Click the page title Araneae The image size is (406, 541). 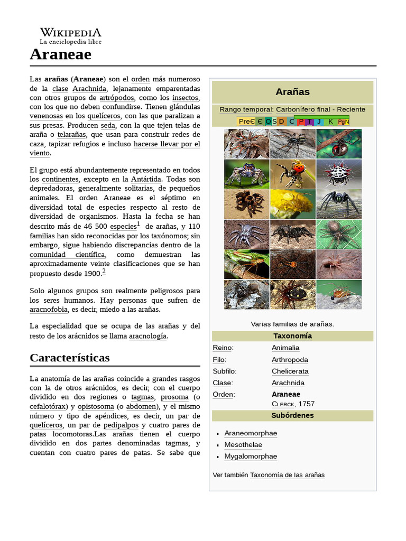60,54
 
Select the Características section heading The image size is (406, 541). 70,358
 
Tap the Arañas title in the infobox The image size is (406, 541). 292,92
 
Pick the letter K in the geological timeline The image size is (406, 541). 331,122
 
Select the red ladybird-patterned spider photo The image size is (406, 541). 292,174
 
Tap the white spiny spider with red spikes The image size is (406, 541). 339,174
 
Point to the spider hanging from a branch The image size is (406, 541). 339,144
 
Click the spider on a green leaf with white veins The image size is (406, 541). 339,234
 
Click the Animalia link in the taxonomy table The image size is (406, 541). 285,348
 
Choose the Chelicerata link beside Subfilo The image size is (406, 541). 290,371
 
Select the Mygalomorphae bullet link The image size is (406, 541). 251,456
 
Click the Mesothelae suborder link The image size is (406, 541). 243,445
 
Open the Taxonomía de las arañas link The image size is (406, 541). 287,475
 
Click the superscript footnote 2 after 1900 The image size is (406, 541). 104,272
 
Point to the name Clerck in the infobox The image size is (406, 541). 283,404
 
